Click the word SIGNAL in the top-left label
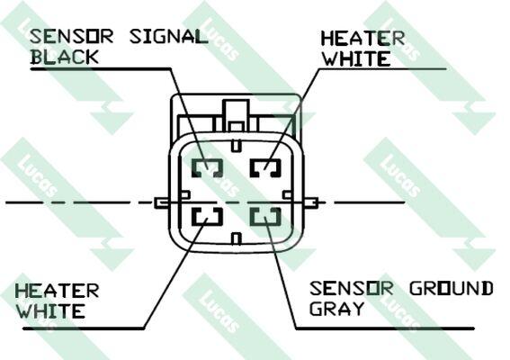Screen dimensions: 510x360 tap(168, 36)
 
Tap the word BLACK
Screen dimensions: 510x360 tap(65, 57)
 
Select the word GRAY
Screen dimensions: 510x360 tap(336, 308)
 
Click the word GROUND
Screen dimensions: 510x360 tap(452, 288)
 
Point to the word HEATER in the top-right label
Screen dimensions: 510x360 tap(362, 39)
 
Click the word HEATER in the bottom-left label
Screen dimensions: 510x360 tap(57, 291)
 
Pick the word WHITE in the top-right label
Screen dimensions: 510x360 tap(356, 58)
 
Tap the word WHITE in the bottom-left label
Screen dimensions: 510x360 tap(50, 311)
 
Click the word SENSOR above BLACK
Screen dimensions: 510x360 tap(72, 36)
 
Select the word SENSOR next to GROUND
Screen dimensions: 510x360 tap(351, 288)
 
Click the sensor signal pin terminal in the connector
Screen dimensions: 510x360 tap(207, 168)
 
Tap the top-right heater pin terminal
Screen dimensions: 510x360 tap(265, 168)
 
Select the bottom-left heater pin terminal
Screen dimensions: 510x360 tap(207, 216)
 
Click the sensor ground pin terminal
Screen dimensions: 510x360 tap(265, 216)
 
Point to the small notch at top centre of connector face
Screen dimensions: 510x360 tap(237, 145)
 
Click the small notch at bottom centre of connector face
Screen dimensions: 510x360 tap(237, 238)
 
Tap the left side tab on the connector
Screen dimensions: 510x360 tap(162, 202)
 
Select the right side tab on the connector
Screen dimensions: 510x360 tap(310, 202)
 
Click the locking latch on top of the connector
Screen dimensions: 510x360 tap(236, 115)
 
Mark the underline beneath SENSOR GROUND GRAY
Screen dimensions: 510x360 tap(384, 328)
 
